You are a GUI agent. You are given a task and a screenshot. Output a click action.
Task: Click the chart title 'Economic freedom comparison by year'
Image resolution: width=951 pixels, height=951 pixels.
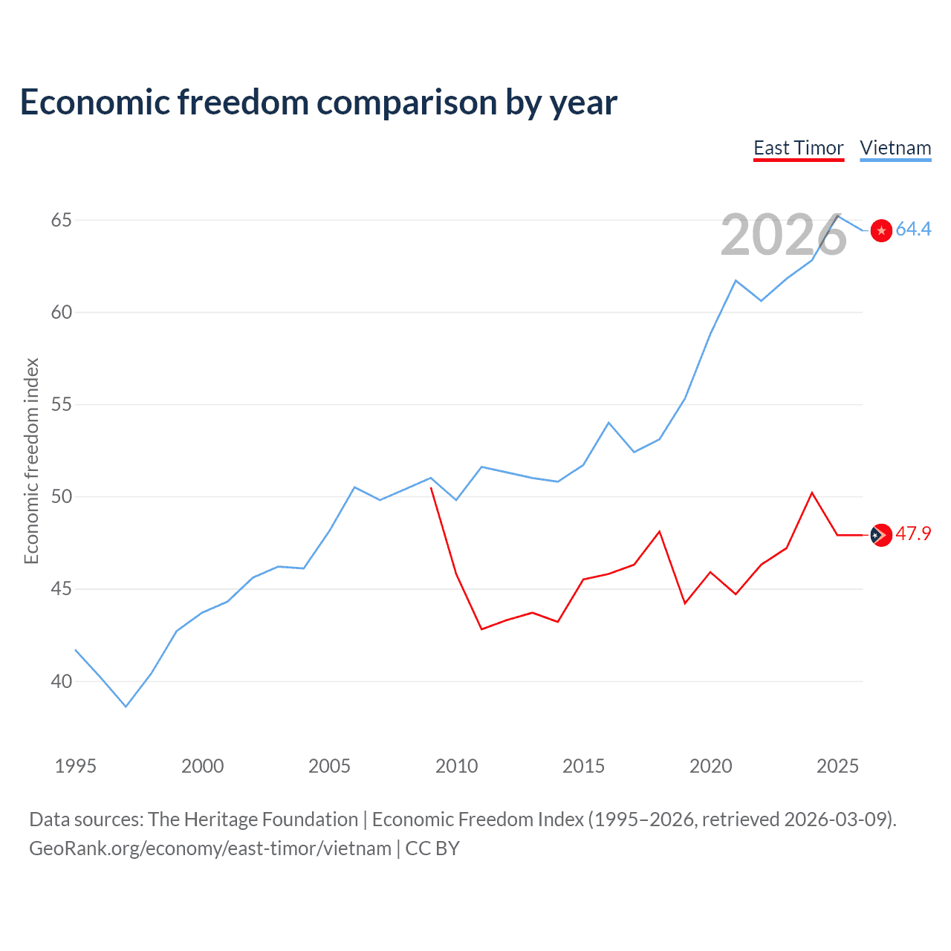(x=319, y=103)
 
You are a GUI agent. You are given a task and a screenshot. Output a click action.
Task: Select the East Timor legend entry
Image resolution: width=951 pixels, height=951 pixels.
(x=799, y=148)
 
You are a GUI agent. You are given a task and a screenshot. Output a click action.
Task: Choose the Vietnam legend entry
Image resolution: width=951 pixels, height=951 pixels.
(x=895, y=148)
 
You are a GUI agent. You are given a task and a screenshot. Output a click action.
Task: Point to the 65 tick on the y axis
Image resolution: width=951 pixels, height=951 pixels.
(x=62, y=220)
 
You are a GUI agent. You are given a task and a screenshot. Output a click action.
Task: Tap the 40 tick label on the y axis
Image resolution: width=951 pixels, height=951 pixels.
(x=62, y=681)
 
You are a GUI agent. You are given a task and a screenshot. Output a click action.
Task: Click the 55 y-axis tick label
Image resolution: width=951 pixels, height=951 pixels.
(x=62, y=405)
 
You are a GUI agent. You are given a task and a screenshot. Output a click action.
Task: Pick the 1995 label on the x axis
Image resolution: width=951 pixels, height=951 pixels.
(x=76, y=766)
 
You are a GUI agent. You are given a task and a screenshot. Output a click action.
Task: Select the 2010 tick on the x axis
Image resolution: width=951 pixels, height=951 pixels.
(x=456, y=766)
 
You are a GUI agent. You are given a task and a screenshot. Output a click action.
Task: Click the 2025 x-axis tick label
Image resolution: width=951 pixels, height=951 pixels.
(x=837, y=766)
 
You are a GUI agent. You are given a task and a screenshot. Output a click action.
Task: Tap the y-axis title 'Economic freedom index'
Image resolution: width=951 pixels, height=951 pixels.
(x=31, y=461)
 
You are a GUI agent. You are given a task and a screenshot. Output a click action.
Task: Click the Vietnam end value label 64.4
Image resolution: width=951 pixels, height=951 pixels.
(x=913, y=230)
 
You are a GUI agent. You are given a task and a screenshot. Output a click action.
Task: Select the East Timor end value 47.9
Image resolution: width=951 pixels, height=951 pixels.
(x=913, y=534)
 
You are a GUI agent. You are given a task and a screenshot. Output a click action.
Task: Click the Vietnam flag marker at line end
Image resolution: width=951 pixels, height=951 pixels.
(x=881, y=230)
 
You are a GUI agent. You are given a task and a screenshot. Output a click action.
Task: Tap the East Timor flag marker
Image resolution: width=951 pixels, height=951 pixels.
(x=881, y=535)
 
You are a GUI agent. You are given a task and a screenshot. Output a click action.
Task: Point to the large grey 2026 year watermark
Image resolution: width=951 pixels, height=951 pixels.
(x=784, y=236)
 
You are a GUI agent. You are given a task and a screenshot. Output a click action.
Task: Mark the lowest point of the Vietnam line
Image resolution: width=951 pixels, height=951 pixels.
(x=126, y=707)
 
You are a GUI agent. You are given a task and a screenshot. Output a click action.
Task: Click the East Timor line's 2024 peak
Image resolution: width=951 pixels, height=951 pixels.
(x=812, y=493)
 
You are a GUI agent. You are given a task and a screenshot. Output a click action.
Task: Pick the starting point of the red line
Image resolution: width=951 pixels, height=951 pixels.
(x=431, y=487)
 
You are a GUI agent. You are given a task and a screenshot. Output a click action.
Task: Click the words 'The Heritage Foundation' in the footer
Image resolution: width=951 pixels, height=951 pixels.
(x=253, y=819)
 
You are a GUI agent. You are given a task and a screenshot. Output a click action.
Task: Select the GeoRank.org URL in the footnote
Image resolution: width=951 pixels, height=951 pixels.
(x=210, y=848)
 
